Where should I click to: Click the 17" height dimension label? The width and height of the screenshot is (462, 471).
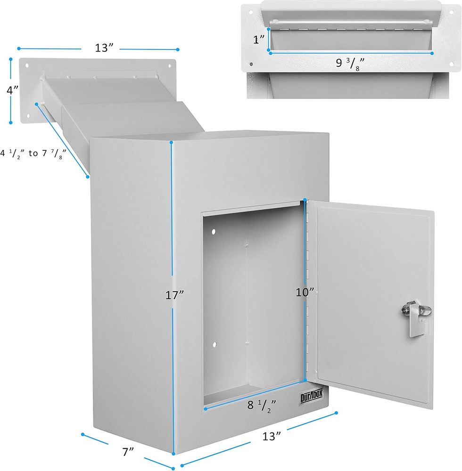174,296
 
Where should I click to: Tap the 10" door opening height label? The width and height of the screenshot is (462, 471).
305,292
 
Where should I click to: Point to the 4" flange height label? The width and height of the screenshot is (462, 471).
13,90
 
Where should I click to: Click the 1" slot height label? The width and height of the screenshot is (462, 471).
258,40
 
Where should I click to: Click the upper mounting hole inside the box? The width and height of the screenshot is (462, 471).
213,232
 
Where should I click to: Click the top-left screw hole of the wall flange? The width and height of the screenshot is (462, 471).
26,65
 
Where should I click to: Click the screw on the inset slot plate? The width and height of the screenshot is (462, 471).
251,64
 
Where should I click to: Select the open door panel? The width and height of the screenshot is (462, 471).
372,301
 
